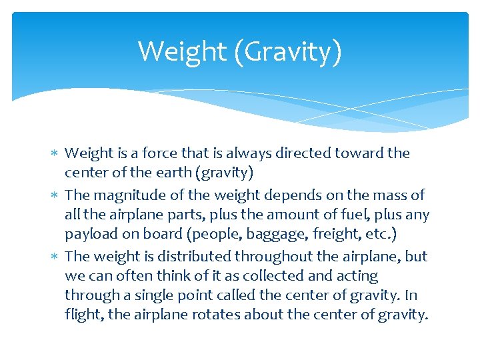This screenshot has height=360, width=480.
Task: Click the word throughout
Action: pyautogui.click(x=257, y=257)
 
